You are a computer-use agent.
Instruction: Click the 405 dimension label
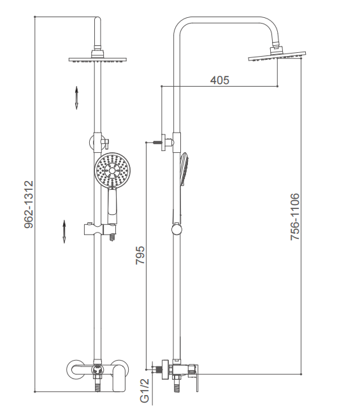click(219, 80)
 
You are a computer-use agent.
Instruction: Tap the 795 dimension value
click(140, 255)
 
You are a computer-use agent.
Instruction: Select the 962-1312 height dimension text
click(29, 205)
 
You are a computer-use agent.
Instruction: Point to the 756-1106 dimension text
click(295, 217)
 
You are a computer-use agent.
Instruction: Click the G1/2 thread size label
click(145, 391)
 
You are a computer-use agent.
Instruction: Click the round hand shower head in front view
click(112, 169)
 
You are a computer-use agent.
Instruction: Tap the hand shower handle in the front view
click(112, 205)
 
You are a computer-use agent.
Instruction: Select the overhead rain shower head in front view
click(97, 60)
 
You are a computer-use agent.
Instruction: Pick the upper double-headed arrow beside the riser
click(76, 97)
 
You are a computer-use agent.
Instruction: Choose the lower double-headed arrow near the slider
click(64, 231)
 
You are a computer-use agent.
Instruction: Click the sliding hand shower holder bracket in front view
click(100, 229)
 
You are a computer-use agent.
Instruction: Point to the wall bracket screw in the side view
click(157, 142)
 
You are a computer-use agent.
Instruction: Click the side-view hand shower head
click(185, 169)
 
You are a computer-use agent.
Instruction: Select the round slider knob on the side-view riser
click(176, 229)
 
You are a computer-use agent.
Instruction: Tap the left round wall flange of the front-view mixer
click(75, 369)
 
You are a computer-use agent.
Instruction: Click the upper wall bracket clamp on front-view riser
click(99, 142)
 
